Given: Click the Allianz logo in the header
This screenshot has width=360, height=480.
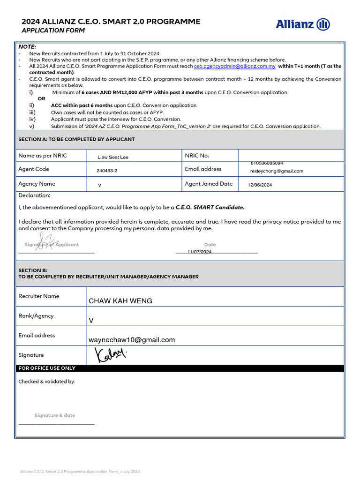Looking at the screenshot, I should (x=302, y=24).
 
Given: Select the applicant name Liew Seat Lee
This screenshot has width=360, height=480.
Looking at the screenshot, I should (x=112, y=157).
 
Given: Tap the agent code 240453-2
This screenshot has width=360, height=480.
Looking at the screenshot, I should (x=107, y=171).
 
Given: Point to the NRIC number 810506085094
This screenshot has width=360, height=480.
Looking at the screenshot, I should (x=267, y=163).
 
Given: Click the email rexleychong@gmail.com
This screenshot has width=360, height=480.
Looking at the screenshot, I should (x=277, y=171).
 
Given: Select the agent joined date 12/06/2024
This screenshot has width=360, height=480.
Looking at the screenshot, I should (x=260, y=185).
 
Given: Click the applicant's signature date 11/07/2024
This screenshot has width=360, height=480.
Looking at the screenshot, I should (x=199, y=252).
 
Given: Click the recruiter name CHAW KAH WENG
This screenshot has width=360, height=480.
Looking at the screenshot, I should (x=120, y=301).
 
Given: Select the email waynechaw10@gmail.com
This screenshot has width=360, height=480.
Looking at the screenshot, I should (x=132, y=340).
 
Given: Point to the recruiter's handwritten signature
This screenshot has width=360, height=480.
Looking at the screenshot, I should (x=111, y=355).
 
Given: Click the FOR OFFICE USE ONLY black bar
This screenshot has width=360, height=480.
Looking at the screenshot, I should (x=180, y=368).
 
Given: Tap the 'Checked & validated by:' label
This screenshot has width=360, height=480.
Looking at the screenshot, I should (x=46, y=382).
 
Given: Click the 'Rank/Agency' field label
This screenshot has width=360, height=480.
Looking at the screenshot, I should (x=36, y=316).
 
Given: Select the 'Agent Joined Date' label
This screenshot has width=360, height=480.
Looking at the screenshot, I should (x=209, y=184).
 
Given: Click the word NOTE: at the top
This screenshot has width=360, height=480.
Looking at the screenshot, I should (x=27, y=47).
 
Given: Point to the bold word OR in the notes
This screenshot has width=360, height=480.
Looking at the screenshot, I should (x=42, y=99).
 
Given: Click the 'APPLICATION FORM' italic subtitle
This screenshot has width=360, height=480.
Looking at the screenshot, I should (x=53, y=30).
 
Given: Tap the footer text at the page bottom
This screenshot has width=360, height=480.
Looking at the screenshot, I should (x=80, y=471).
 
